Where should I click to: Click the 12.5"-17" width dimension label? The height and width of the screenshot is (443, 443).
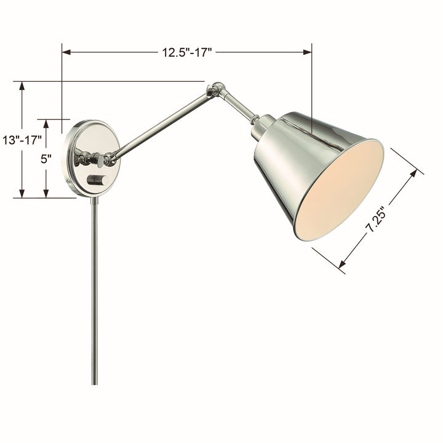[187, 52]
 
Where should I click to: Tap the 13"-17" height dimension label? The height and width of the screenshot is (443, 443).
[22, 140]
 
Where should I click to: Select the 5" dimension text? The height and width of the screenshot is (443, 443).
[46, 159]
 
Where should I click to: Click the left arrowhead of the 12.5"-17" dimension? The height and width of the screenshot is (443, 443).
[66, 52]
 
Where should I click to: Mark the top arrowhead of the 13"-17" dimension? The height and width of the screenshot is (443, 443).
[22, 86]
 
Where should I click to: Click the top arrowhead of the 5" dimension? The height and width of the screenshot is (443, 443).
[46, 123]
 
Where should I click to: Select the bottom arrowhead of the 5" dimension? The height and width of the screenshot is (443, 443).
[46, 194]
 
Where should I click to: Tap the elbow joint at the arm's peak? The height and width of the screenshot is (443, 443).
[216, 89]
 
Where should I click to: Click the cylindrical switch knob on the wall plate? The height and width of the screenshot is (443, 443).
[97, 180]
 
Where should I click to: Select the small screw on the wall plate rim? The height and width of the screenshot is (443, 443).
[69, 182]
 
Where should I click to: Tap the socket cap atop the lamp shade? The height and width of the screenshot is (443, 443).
[263, 124]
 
